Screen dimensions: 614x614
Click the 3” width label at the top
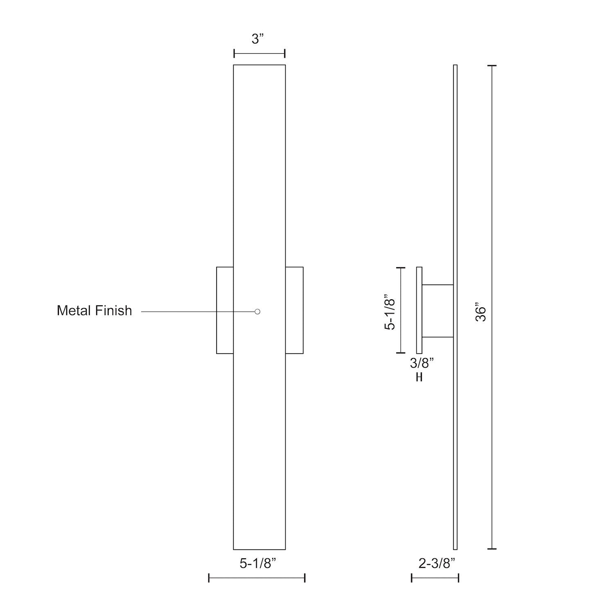[x=258, y=39]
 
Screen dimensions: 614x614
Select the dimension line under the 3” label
[x=259, y=53]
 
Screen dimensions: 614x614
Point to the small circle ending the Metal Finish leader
[x=257, y=312]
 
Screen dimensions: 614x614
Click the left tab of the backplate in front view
[x=225, y=310]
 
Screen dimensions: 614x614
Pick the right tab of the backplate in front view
[x=294, y=310]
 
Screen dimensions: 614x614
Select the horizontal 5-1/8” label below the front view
[x=258, y=564]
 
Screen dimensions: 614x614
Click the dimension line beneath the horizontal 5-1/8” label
[x=257, y=578]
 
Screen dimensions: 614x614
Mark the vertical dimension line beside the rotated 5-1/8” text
[x=400, y=310]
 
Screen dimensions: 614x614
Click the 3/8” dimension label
[x=422, y=363]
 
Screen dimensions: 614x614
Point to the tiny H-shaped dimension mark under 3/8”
[x=419, y=377]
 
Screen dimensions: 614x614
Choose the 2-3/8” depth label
[x=437, y=564]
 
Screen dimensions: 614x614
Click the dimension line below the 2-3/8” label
[x=435, y=578]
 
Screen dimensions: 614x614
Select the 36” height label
[x=481, y=312]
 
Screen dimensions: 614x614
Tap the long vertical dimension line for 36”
[x=492, y=307]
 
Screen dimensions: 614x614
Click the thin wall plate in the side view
[x=419, y=310]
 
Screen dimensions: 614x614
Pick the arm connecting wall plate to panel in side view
[x=438, y=311]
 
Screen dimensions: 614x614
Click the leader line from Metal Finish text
[x=196, y=312]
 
